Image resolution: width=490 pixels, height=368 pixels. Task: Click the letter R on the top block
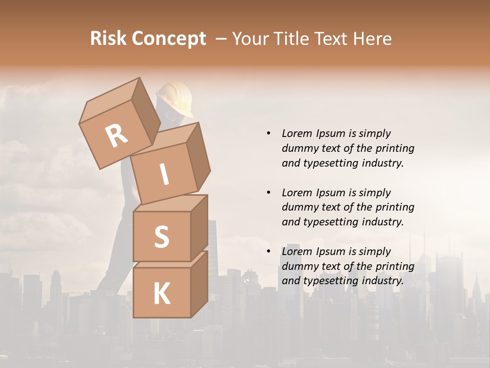[116, 136]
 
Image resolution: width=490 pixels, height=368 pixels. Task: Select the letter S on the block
[161, 237]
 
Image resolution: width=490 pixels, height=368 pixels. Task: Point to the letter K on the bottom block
[161, 294]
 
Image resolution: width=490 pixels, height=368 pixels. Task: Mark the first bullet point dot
[268, 133]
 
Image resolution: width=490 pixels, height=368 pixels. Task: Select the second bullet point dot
[268, 193]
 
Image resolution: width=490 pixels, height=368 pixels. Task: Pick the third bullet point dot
[268, 251]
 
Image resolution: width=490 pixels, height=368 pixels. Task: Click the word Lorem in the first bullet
[296, 133]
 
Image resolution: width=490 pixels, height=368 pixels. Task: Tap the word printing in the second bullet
[395, 207]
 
